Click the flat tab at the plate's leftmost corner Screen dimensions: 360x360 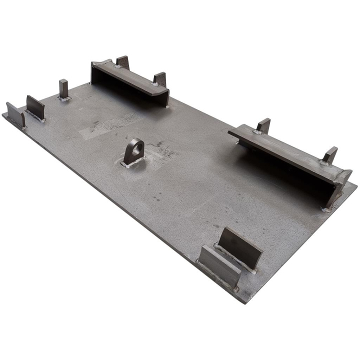[15, 114]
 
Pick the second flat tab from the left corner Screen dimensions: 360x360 [35, 107]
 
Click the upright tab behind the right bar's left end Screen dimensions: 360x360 [263, 125]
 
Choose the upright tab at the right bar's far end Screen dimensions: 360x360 [330, 154]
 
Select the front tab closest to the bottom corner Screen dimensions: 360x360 [219, 264]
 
